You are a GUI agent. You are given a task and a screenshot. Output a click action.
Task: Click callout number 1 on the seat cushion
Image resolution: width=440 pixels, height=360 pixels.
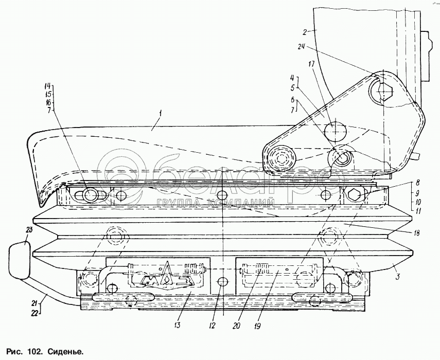pyautogui.click(x=160, y=114)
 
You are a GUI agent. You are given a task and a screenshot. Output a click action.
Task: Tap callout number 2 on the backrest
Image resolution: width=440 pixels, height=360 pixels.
pyautogui.click(x=306, y=32)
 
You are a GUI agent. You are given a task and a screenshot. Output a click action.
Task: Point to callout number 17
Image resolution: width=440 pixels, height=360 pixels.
pyautogui.click(x=312, y=64)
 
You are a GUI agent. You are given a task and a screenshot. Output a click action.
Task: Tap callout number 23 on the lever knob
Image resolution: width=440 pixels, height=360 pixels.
pyautogui.click(x=29, y=230)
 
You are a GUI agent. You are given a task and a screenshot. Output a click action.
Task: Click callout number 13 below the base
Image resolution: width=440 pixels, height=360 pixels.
pyautogui.click(x=177, y=325)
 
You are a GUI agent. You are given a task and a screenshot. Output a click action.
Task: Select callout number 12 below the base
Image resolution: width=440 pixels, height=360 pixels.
pyautogui.click(x=212, y=326)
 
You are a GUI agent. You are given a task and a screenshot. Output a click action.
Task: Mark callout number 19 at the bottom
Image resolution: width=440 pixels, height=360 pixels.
pyautogui.click(x=257, y=326)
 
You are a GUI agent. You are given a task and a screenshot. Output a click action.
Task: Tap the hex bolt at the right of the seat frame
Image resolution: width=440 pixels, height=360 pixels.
pyautogui.click(x=355, y=194)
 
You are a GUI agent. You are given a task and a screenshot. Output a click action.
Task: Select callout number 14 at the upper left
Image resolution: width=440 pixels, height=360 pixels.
pyautogui.click(x=49, y=86)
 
